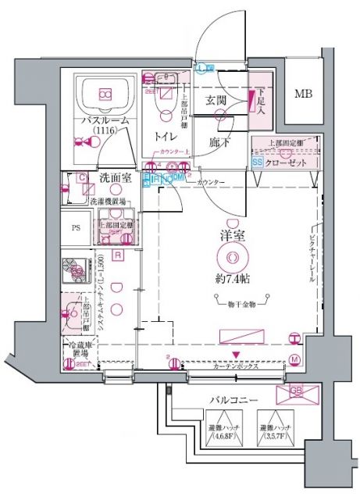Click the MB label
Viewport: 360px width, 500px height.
[301, 95]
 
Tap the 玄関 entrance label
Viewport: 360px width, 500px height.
[217, 101]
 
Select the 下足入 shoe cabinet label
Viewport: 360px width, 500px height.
[261, 100]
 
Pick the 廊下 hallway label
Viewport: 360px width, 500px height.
[219, 143]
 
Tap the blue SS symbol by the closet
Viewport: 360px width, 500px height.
[258, 162]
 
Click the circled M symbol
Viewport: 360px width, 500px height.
[294, 359]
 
